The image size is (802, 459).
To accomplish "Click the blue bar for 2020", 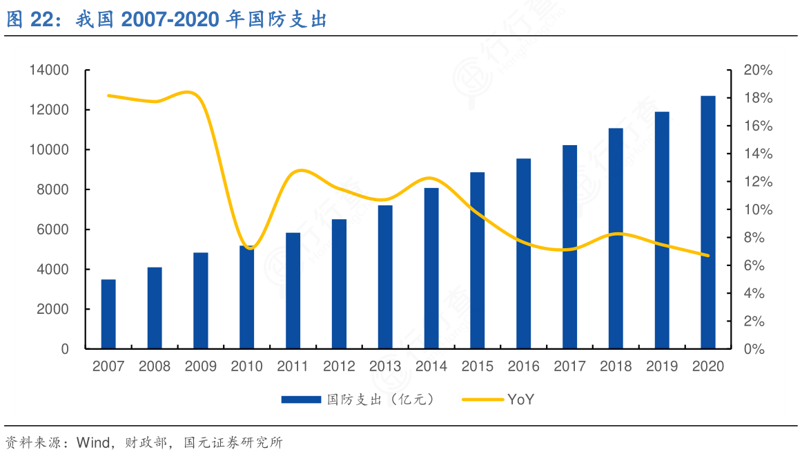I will [x=708, y=222].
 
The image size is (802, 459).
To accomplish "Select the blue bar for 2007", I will [x=108, y=314].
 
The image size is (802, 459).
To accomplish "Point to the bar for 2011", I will [x=293, y=290].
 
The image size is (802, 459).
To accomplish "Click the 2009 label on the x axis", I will [x=200, y=366].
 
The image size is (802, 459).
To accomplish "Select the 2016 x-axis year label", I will [x=523, y=366].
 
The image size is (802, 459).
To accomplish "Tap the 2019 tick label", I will [x=662, y=366].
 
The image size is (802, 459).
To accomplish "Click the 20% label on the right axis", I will [x=758, y=71].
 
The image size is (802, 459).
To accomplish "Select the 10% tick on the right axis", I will [x=758, y=210].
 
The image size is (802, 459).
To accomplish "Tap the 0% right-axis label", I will [x=754, y=349].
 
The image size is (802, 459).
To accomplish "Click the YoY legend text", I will [x=520, y=400].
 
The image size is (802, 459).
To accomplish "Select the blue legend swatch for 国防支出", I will [x=301, y=400].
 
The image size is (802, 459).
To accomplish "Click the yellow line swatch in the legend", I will [x=482, y=400].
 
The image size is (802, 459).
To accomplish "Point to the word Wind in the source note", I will [x=92, y=442].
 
